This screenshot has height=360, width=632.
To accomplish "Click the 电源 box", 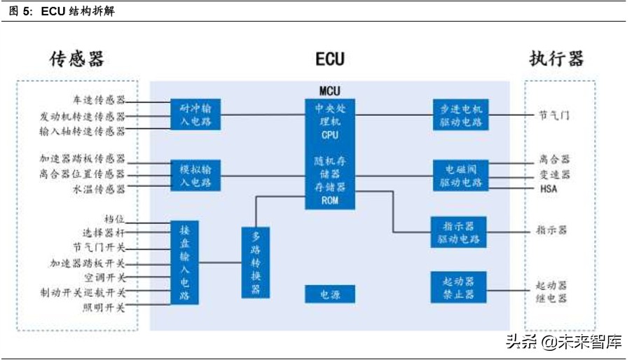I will [x=329, y=294].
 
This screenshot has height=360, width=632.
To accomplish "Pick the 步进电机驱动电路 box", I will [x=460, y=114].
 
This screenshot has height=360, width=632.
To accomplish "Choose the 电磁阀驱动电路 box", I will [x=460, y=174].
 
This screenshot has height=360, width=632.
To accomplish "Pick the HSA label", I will [x=549, y=189].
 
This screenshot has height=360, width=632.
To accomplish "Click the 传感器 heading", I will [x=76, y=58].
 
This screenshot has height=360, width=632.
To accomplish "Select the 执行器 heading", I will [x=556, y=58].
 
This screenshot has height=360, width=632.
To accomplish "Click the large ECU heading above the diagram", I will [x=329, y=58].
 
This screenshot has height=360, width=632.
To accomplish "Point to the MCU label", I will [x=329, y=91].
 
